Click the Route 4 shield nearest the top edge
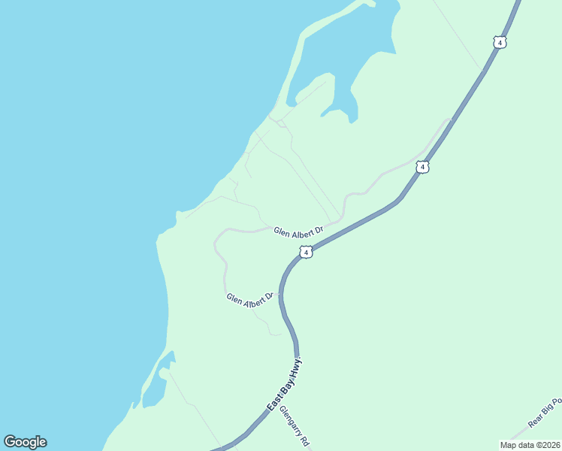[500, 42]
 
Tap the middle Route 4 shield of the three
[423, 167]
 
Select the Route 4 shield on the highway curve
[305, 252]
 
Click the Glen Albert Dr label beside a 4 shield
[298, 231]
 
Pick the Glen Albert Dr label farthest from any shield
[249, 299]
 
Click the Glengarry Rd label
[294, 427]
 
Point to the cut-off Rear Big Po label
[544, 413]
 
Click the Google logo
[25, 442]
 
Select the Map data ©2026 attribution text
[530, 445]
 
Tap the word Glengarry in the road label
[290, 421]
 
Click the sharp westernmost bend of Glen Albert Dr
[215, 242]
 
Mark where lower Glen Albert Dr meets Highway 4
[280, 294]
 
